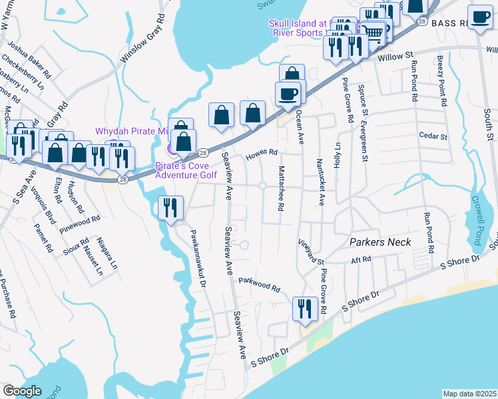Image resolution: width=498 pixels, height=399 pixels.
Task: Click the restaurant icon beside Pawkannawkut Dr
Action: [x=170, y=208]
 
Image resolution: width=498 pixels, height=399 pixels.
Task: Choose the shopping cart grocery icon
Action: [x=374, y=31]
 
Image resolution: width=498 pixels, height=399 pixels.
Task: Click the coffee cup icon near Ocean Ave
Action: [x=288, y=94]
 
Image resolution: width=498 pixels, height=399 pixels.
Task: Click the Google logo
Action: [x=23, y=391]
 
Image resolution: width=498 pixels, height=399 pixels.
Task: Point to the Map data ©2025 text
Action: [x=469, y=394]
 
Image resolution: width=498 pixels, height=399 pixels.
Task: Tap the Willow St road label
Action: [x=395, y=58]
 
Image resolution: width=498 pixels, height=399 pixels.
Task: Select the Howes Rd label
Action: [x=261, y=154]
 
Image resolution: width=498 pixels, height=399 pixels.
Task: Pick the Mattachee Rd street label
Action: [x=282, y=189]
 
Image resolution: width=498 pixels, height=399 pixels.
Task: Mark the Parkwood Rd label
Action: [x=260, y=285]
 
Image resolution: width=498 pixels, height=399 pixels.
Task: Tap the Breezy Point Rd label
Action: [x=441, y=82]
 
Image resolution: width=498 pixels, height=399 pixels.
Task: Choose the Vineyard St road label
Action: [x=310, y=253]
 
